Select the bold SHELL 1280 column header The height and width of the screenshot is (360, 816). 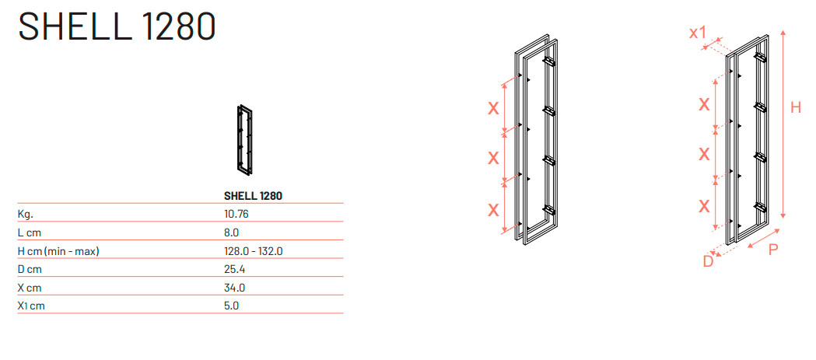tap(253, 196)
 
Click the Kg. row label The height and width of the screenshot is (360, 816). tap(26, 215)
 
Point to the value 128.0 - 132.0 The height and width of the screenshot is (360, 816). tap(253, 251)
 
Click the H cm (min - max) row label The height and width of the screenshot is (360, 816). tap(58, 251)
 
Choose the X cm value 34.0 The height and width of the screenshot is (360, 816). tap(233, 288)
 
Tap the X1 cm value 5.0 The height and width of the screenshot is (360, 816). tap(231, 306)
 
